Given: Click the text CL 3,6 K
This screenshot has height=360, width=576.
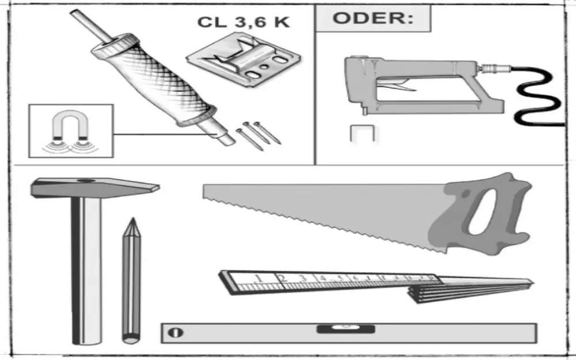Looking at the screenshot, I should [x=243, y=22].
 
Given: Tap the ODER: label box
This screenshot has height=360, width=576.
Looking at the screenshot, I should [x=373, y=18].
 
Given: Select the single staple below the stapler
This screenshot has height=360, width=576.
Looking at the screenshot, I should [x=362, y=134].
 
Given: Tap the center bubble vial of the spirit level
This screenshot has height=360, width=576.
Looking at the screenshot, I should [x=345, y=329].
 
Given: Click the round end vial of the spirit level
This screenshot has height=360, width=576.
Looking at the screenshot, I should [x=176, y=332].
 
